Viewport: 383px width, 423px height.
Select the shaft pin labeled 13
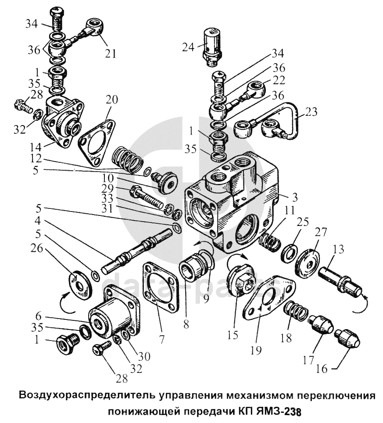coord(340,280)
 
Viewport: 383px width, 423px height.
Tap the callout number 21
coord(110,54)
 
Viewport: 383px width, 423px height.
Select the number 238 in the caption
coord(292,412)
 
